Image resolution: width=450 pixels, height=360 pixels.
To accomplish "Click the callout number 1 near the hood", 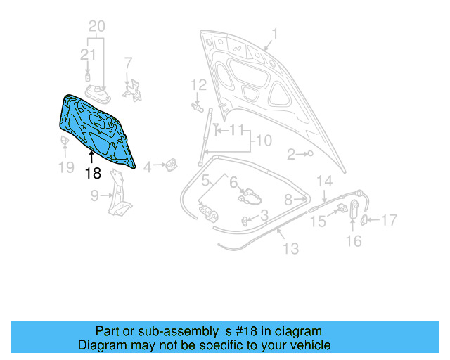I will (x=275, y=33).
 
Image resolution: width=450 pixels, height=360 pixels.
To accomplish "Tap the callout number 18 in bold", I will (x=93, y=173).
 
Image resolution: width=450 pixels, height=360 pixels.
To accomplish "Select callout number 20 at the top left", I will (x=97, y=27).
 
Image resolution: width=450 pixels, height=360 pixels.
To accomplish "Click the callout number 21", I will (x=87, y=55).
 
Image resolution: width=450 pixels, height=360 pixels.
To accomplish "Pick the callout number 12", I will (x=199, y=85).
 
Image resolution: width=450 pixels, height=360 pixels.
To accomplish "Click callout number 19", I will (x=65, y=168).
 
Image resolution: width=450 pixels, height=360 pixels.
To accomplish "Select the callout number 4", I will (x=147, y=167).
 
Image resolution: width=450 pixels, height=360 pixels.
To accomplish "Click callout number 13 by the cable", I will (x=290, y=248).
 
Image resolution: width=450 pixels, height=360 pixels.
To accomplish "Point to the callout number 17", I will (x=389, y=220).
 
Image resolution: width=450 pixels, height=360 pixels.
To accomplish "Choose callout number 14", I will (x=323, y=181).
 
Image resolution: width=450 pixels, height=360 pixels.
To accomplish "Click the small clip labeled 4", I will (x=170, y=165).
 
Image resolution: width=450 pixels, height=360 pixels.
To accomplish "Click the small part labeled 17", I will (x=364, y=220).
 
